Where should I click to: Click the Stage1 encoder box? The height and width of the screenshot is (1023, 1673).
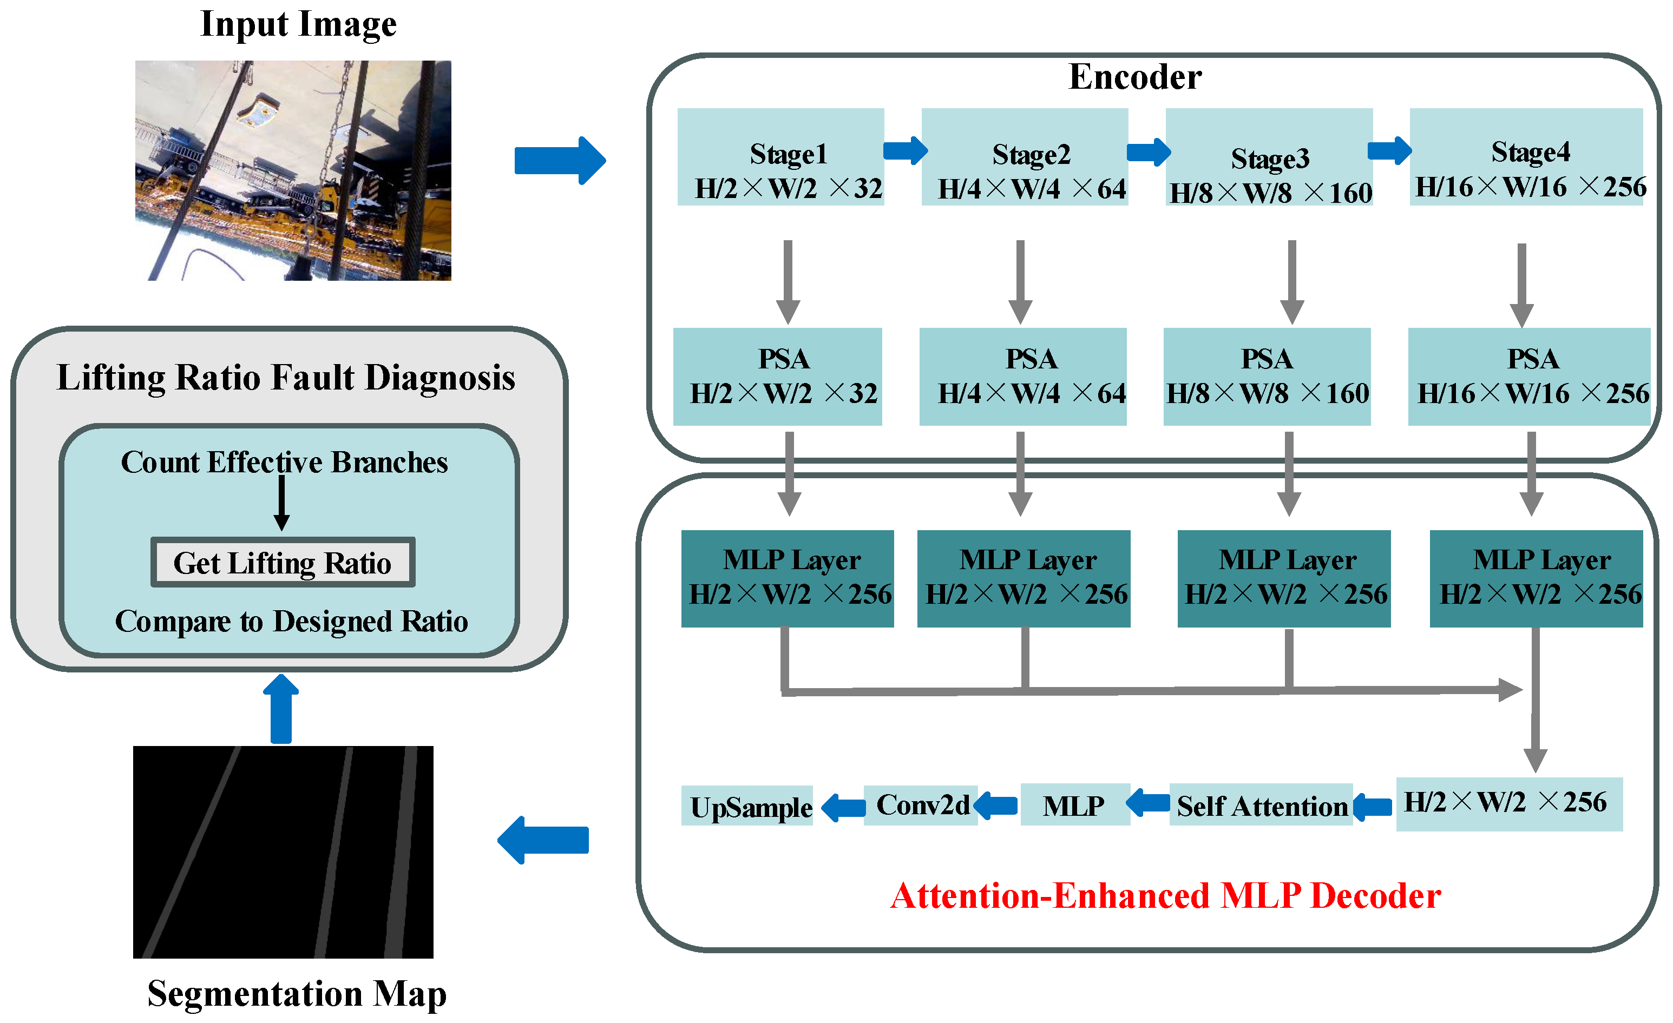pyautogui.click(x=781, y=157)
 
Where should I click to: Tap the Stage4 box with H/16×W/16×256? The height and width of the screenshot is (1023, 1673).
pyautogui.click(x=1526, y=157)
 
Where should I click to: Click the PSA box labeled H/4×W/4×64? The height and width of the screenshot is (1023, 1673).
pyautogui.click(x=1022, y=377)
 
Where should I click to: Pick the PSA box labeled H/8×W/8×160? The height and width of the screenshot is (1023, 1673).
pyautogui.click(x=1267, y=377)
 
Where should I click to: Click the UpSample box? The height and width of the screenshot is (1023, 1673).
pyautogui.click(x=747, y=806)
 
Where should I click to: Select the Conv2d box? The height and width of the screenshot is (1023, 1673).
pyautogui.click(x=921, y=805)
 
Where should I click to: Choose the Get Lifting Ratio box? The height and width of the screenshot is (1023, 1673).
pyautogui.click(x=283, y=562)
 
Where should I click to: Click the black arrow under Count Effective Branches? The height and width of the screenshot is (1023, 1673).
pyautogui.click(x=282, y=503)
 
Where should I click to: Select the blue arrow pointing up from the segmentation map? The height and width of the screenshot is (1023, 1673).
pyautogui.click(x=281, y=709)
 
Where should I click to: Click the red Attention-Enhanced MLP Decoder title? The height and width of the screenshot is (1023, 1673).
pyautogui.click(x=1165, y=896)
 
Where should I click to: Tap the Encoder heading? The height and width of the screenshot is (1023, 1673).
pyautogui.click(x=1135, y=77)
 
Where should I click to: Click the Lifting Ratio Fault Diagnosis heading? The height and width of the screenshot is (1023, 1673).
pyautogui.click(x=286, y=378)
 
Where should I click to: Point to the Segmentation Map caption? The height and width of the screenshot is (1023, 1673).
pyautogui.click(x=297, y=994)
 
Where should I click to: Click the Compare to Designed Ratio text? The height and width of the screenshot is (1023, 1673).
pyautogui.click(x=291, y=621)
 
